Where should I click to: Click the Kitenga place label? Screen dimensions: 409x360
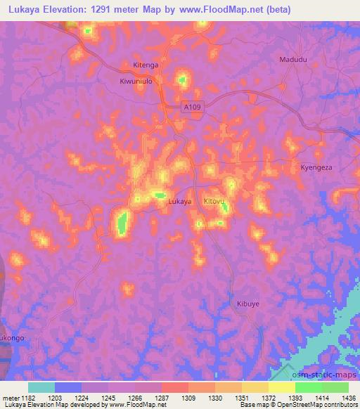(x=146, y=65)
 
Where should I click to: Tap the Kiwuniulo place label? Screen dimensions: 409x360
(x=136, y=81)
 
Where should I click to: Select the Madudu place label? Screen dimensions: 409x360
(x=293, y=60)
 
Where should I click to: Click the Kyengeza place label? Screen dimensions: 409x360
(x=316, y=168)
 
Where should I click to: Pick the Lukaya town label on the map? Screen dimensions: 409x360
(x=180, y=202)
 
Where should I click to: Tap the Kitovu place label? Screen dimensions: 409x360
(x=214, y=202)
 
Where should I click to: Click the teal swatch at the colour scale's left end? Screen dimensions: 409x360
(x=41, y=387)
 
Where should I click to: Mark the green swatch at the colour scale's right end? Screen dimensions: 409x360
(x=335, y=387)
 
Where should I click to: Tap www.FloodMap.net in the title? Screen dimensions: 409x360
(x=225, y=10)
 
